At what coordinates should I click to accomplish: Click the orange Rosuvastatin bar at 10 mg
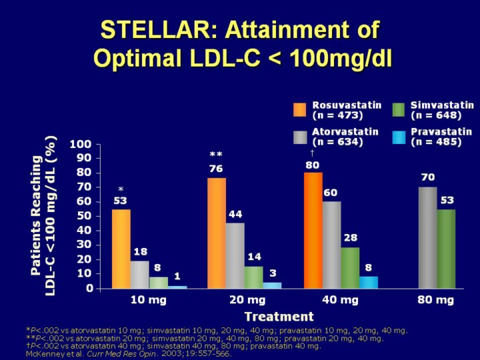point(121,249)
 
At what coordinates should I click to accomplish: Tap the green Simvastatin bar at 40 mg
point(350,268)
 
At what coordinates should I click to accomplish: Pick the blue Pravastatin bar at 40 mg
point(369,282)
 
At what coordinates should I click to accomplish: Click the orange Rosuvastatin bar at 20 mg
point(217,233)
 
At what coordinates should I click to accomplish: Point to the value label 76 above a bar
point(216,169)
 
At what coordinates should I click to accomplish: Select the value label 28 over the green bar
point(350,238)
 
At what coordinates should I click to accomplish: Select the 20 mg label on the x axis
point(244,300)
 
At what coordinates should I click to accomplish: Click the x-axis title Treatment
point(279,316)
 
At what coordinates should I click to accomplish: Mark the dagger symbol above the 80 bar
point(312,153)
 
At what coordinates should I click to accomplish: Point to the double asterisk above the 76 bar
point(216,155)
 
